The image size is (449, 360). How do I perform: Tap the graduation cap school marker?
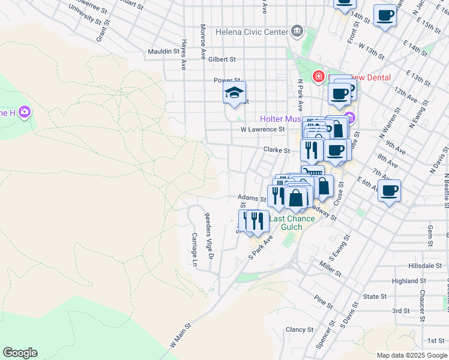[234, 94]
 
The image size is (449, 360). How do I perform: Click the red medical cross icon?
[318, 77]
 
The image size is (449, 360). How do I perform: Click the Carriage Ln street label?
[194, 249]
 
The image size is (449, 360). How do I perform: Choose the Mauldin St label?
[164, 52]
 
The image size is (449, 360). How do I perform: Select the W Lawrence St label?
[262, 129]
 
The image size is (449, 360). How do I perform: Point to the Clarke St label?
[277, 151]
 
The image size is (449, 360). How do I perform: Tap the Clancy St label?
[300, 329]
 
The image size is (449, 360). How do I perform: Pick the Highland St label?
[408, 281]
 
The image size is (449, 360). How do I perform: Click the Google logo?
[20, 353]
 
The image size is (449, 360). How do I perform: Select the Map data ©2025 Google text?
[411, 355]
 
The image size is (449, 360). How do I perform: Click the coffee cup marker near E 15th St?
[385, 15]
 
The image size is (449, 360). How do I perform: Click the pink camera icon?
[25, 112]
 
